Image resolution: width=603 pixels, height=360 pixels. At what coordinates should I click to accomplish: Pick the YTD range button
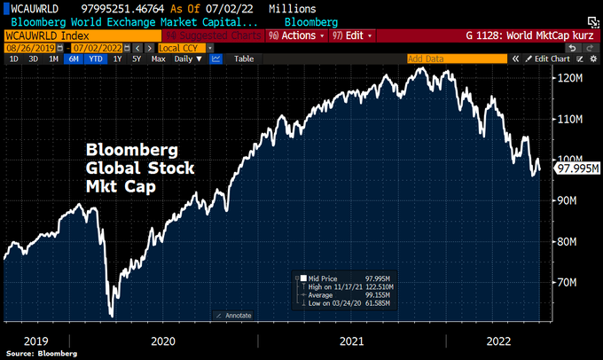pos(96,59)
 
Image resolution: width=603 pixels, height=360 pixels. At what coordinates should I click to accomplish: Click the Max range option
pos(158,59)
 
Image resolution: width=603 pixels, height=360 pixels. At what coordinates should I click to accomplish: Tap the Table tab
pos(243,59)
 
